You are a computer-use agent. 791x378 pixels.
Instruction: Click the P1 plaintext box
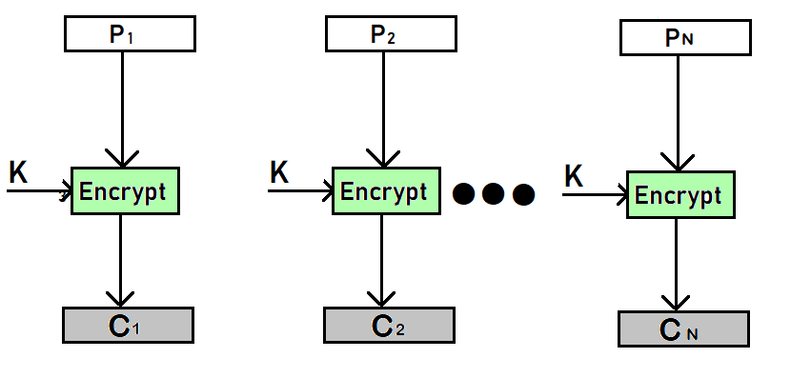[129, 35]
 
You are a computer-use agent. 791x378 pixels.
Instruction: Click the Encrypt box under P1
[125, 190]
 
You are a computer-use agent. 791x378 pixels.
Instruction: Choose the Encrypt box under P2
[386, 190]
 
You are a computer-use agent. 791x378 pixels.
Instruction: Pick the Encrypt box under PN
[679, 195]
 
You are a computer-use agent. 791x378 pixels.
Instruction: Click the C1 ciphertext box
[129, 325]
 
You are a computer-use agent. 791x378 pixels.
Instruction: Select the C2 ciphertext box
[389, 325]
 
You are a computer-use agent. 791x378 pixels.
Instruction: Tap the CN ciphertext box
[684, 328]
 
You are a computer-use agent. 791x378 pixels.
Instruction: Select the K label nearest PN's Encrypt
[574, 176]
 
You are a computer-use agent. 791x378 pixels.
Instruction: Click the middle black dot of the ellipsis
[493, 194]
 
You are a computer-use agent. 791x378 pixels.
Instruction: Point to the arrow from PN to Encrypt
[677, 109]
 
